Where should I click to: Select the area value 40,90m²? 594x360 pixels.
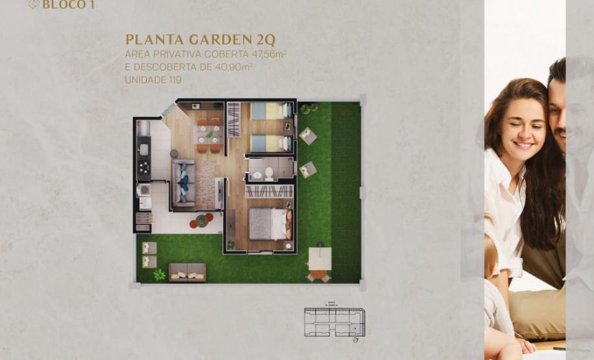(234, 67)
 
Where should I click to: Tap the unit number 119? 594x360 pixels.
(172, 80)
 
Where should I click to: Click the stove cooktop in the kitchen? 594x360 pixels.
(143, 170)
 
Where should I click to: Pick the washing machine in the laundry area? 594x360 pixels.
(143, 190)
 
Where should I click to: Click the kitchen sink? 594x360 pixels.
(143, 150)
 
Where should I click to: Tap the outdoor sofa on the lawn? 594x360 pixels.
(187, 271)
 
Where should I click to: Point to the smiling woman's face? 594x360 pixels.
(521, 123)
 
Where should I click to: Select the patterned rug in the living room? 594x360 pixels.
(206, 184)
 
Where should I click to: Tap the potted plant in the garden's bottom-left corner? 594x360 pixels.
(160, 274)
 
